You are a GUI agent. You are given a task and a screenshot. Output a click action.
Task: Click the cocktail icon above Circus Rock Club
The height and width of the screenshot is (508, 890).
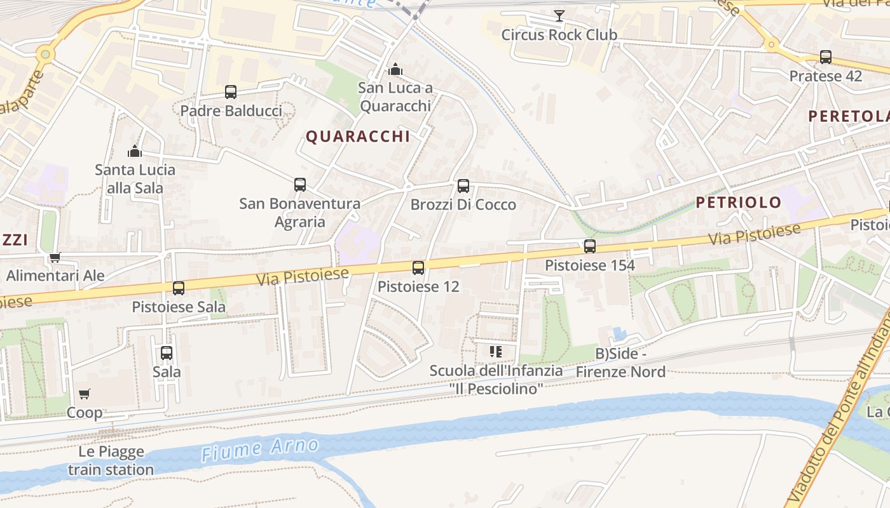tap(559, 15)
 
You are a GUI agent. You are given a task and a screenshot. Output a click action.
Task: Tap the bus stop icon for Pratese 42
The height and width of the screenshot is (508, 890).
tap(826, 57)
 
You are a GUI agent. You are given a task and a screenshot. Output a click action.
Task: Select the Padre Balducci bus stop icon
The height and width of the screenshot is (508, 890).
tap(231, 92)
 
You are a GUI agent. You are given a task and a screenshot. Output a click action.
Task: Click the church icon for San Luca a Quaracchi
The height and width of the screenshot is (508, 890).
tap(395, 69)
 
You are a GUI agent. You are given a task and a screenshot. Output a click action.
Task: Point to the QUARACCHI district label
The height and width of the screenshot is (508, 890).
tap(358, 137)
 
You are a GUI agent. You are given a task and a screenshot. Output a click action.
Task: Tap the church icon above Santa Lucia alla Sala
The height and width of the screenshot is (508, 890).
tap(134, 151)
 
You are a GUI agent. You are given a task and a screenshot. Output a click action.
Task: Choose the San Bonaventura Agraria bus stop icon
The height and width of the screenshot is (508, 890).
tap(300, 185)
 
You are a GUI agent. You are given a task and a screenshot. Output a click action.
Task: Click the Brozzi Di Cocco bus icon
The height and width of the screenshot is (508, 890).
tap(463, 186)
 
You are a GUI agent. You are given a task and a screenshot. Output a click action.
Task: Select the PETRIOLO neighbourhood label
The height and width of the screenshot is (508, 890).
tap(738, 203)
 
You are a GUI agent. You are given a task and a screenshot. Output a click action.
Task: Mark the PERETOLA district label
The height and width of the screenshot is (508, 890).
tap(848, 116)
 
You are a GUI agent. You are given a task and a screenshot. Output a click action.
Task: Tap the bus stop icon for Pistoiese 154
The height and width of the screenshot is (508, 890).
tap(590, 246)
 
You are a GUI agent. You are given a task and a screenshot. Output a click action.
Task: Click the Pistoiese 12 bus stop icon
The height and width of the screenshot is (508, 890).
tap(418, 268)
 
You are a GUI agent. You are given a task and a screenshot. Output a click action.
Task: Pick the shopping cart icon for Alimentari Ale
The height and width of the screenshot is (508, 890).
tap(55, 257)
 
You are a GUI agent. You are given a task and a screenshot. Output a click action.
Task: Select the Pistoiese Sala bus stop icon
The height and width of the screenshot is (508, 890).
tap(179, 288)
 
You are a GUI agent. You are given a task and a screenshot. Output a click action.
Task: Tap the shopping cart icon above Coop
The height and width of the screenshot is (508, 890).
tap(85, 394)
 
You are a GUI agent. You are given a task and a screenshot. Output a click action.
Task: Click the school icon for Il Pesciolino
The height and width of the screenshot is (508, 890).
tap(496, 351)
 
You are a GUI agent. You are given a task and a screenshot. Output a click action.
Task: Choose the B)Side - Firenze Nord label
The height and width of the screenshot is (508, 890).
tap(620, 363)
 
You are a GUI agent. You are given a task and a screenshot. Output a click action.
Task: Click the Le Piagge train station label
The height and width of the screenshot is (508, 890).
tap(111, 461)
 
